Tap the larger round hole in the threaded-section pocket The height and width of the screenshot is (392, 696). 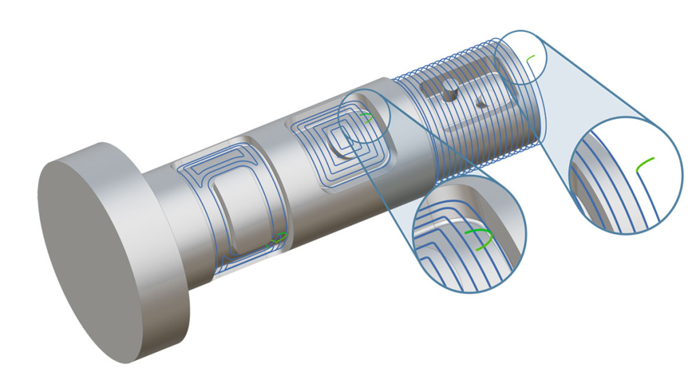(x=448, y=95)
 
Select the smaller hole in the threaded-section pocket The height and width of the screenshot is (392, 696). (x=481, y=105)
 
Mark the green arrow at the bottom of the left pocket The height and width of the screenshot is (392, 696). (x=279, y=238)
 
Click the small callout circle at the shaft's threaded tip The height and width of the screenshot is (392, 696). (x=521, y=57)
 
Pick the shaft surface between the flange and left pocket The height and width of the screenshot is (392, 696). (x=170, y=225)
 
